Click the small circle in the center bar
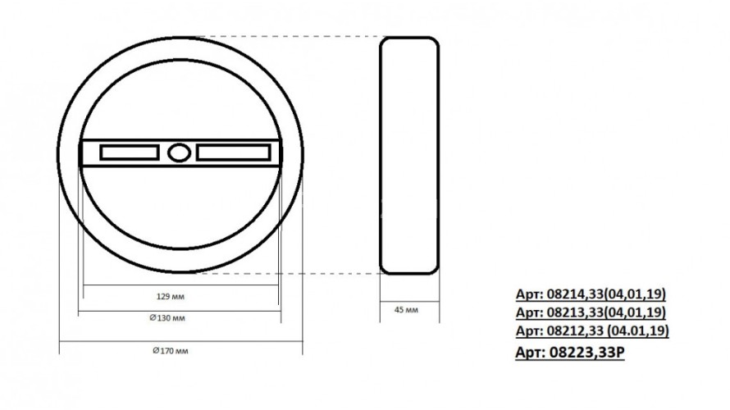click(x=179, y=153)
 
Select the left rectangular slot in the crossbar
click(x=130, y=153)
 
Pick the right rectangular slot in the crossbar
click(x=233, y=153)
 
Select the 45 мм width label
click(x=406, y=311)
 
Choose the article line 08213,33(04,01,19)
click(x=591, y=313)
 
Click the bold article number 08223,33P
click(x=573, y=353)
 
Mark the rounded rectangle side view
click(x=409, y=156)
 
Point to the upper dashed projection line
click(x=287, y=37)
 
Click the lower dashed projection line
click(x=287, y=274)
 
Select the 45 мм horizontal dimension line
click(x=409, y=300)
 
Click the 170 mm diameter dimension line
click(x=180, y=340)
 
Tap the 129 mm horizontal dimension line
click(x=180, y=285)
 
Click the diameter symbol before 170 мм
click(x=155, y=350)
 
